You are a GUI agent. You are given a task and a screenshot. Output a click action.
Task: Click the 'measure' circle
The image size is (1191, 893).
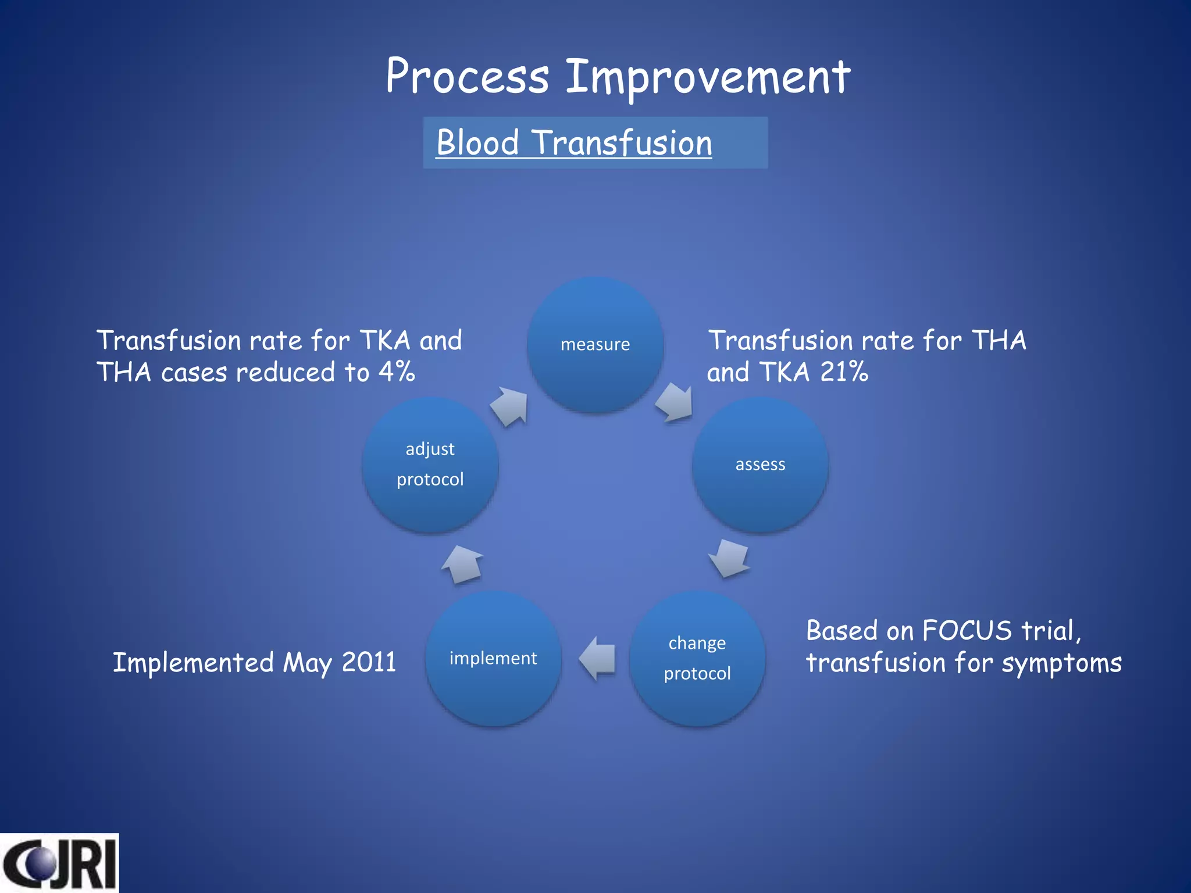595,344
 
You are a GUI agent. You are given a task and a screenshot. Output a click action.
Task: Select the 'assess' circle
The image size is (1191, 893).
760,465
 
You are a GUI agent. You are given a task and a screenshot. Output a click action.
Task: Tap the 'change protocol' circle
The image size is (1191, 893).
697,658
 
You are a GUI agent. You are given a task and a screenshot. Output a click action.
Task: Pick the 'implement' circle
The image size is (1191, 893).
493,658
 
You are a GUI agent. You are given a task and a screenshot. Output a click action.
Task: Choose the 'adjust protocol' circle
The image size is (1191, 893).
430,465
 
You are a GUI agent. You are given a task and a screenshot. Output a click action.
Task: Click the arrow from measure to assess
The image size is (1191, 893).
675,402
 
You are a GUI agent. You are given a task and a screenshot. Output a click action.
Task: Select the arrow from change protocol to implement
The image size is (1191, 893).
597,658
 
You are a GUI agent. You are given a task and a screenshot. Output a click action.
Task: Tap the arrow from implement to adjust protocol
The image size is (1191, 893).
463,564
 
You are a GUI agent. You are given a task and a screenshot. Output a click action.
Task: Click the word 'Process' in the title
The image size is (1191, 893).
467,77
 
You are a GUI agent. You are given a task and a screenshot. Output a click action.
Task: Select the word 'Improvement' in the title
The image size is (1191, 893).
708,77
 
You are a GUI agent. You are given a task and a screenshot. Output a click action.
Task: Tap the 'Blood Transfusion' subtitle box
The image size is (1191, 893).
595,143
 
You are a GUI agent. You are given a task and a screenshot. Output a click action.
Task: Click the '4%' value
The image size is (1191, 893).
397,372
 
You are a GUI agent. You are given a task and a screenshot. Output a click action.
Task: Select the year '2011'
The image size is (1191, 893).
369,662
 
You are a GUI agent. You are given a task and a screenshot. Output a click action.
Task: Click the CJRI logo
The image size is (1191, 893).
59,863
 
